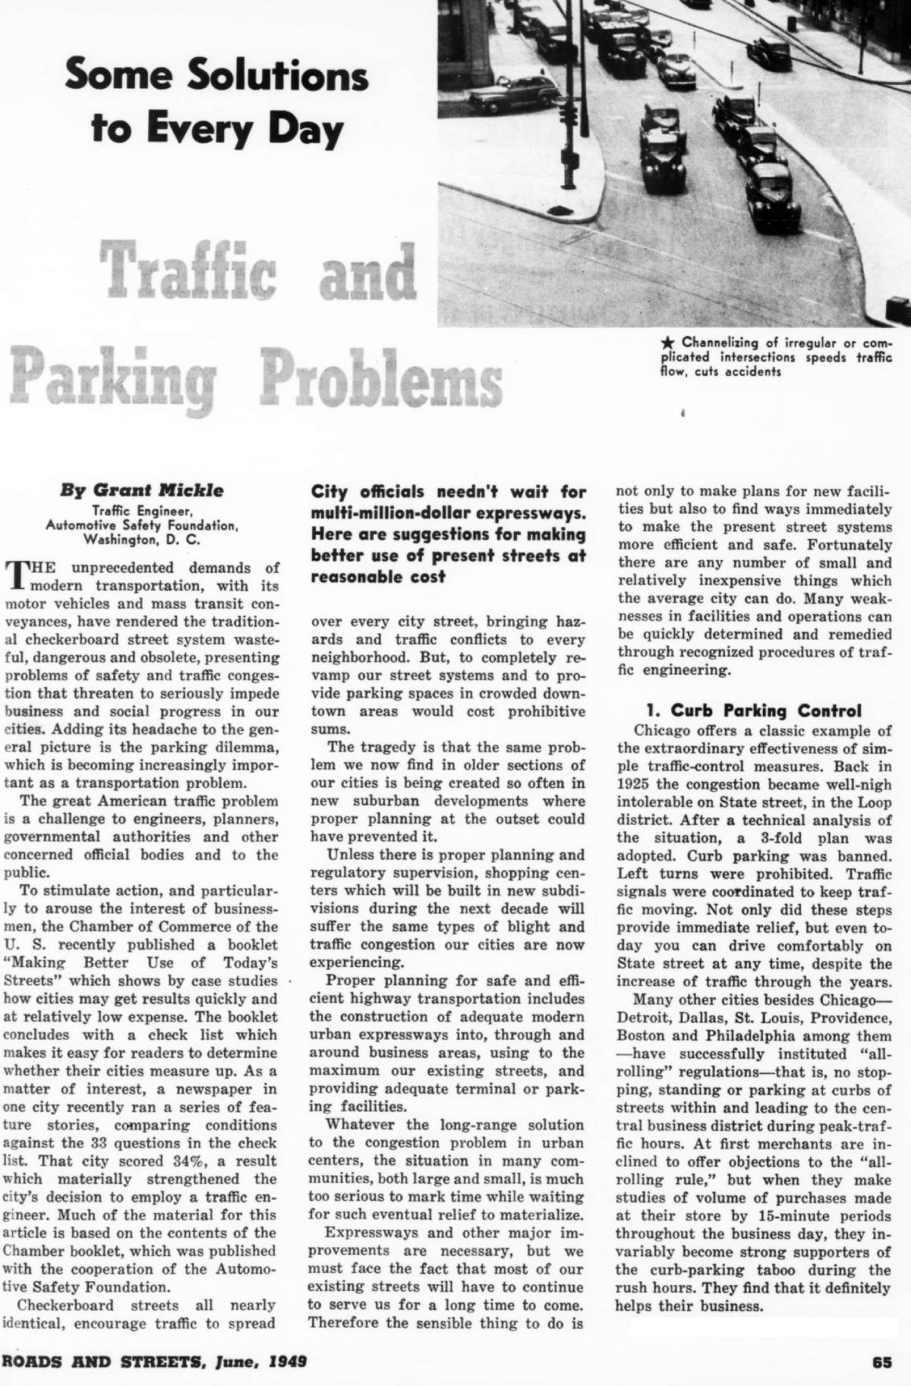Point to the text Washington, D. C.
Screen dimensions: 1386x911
[x=143, y=540]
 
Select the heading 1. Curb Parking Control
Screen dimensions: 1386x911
[x=753, y=710]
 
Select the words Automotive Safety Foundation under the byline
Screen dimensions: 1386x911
[x=143, y=524]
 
